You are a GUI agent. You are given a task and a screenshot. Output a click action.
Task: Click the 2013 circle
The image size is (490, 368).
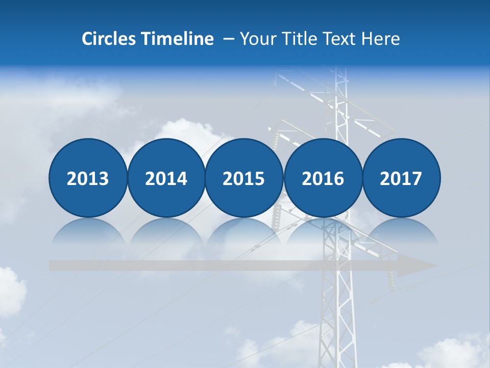88,178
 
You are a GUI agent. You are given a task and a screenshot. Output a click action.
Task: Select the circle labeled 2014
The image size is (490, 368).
166,178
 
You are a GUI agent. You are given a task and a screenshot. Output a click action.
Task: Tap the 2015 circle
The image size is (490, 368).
244,178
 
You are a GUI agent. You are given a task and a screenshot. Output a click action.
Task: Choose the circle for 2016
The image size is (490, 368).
323,178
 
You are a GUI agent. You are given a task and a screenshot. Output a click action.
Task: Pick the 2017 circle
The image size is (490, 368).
401,178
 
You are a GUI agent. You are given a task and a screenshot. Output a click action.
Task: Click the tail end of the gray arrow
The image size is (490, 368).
53,266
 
